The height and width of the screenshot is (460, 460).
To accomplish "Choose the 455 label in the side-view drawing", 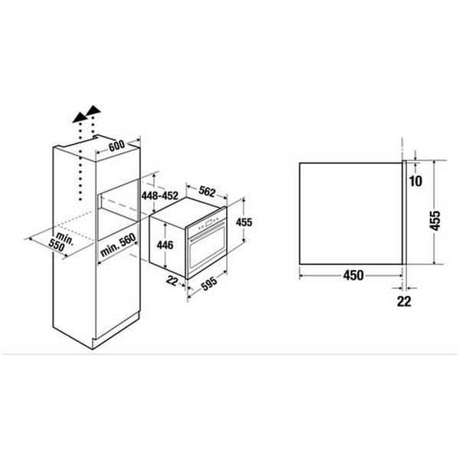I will point(435,222).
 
